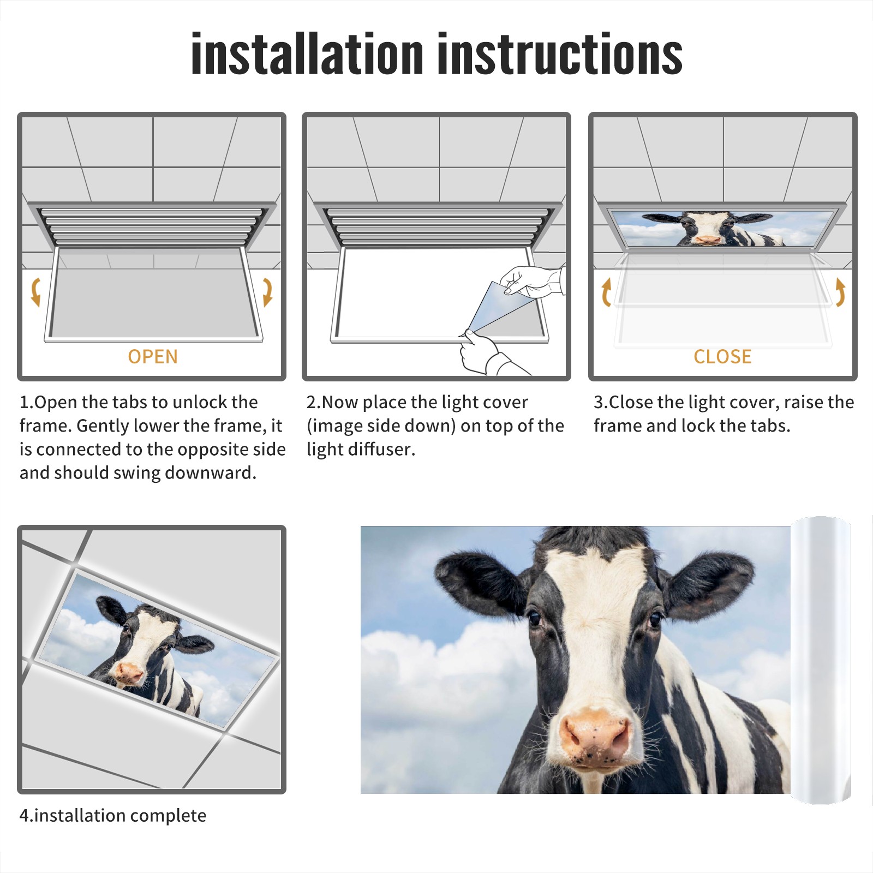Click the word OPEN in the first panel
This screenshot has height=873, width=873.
153,357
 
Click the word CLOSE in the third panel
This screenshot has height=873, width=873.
722,357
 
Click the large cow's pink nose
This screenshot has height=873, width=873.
595,734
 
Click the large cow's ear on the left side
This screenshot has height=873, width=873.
480,581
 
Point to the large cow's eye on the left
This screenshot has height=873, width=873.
534,618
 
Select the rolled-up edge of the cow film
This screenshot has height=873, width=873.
821,660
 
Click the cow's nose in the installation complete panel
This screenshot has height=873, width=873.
128,673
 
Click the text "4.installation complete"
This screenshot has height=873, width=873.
113,816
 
